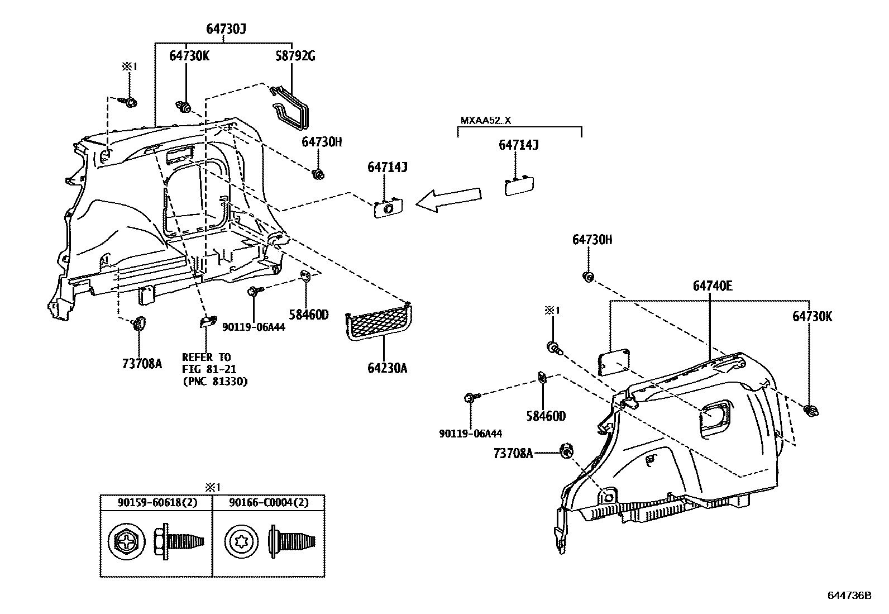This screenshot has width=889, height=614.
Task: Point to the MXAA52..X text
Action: click(486, 121)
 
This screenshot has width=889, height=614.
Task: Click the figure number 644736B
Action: click(849, 596)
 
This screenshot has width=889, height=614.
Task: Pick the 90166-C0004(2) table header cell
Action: click(269, 502)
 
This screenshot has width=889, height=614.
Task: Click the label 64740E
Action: click(713, 286)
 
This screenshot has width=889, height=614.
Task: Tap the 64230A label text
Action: click(387, 368)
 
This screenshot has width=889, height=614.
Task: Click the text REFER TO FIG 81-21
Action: click(206, 363)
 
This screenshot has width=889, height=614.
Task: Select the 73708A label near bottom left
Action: click(142, 364)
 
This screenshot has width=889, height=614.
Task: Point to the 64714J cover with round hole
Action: click(388, 208)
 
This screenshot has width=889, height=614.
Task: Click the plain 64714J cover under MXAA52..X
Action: click(519, 185)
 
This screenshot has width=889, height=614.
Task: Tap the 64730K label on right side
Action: click(812, 316)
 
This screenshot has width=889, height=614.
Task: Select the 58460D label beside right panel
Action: click(546, 416)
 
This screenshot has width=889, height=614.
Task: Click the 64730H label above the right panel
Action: click(592, 240)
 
